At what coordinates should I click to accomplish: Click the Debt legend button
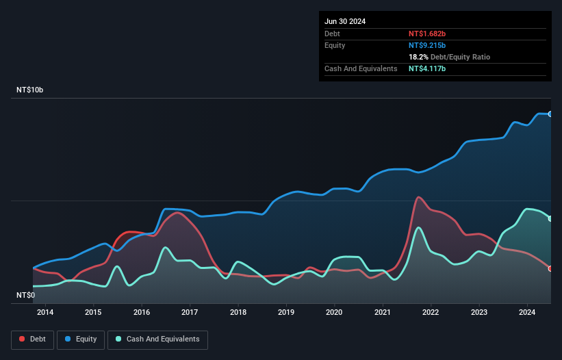tap(32, 339)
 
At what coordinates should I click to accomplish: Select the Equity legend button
tap(81, 339)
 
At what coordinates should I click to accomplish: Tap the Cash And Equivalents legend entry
tap(157, 339)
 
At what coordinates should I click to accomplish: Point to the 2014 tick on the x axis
tap(45, 313)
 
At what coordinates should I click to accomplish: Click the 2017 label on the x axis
tap(190, 313)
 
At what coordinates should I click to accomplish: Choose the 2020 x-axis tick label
tap(335, 313)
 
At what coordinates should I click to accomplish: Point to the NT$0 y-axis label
tap(25, 296)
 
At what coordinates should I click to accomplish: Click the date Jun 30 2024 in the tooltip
tap(345, 21)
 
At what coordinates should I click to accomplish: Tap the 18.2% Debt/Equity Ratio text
tap(449, 57)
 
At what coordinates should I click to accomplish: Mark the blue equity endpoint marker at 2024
tap(550, 114)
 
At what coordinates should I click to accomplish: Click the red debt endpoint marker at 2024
tap(550, 268)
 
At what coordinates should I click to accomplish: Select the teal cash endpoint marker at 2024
tap(550, 218)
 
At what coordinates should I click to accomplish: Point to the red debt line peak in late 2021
tap(418, 197)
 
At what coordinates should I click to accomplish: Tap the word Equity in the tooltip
tap(335, 45)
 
